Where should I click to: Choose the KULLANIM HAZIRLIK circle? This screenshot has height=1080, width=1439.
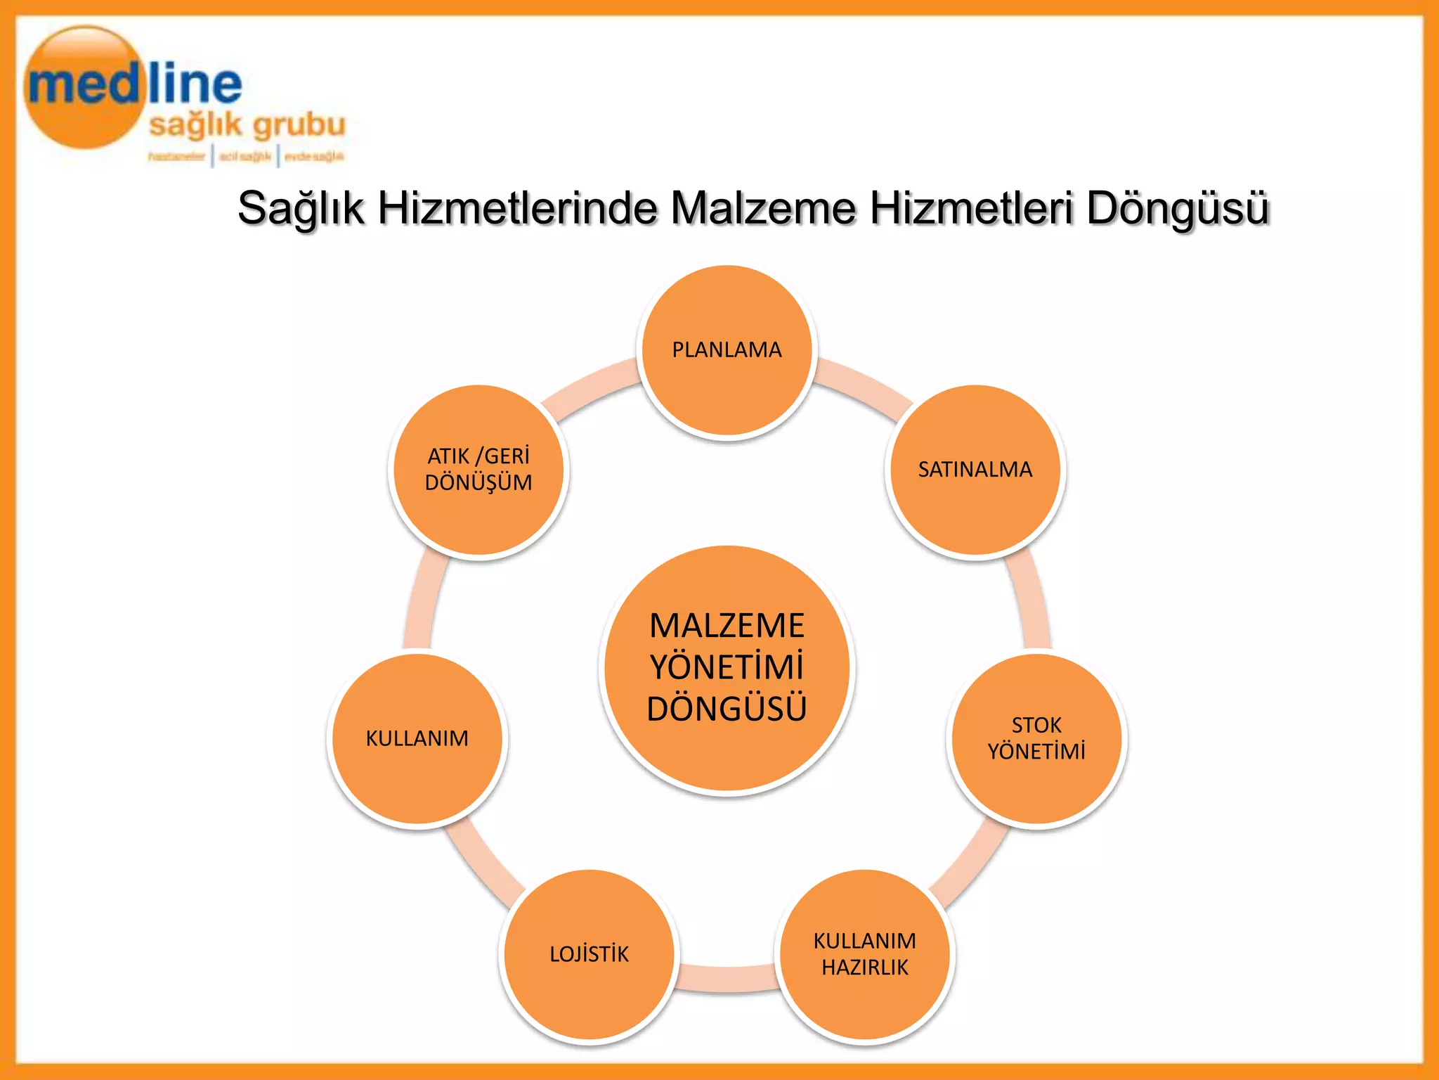864,954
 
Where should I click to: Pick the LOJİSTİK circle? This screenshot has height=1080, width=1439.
589,954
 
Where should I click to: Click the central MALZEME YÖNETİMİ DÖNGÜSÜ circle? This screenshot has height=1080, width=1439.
727,668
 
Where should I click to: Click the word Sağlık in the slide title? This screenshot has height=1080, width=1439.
301,209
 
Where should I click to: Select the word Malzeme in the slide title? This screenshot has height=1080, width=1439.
763,209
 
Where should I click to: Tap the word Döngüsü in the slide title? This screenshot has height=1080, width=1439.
1178,209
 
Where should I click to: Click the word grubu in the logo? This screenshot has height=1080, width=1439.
299,125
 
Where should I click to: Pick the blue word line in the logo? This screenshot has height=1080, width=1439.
195,84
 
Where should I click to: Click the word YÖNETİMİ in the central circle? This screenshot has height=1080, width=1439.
727,667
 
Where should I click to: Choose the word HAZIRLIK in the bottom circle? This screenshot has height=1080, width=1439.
864,967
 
